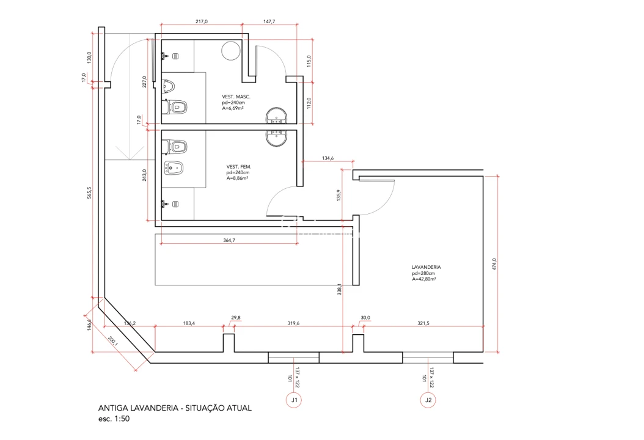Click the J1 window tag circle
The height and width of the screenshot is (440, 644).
(294, 400)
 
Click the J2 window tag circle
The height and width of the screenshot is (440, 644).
(428, 400)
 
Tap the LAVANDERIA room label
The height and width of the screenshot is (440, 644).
(426, 267)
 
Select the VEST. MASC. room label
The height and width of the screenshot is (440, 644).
(236, 97)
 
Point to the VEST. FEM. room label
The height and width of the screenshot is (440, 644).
(239, 167)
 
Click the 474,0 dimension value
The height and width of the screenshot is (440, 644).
(494, 264)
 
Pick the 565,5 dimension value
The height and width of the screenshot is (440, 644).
(89, 193)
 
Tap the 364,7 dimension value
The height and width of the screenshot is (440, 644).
(229, 240)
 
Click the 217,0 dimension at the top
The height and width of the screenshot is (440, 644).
(202, 21)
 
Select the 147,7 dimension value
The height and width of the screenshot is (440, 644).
(269, 21)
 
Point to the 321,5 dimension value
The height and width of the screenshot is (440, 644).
(423, 323)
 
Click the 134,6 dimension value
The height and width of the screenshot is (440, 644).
(327, 158)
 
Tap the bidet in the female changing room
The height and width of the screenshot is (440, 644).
(174, 167)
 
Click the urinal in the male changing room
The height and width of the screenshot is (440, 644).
(168, 86)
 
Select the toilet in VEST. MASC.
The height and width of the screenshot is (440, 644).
(175, 108)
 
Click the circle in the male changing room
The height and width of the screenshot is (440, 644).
(230, 51)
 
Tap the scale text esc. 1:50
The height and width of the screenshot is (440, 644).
(114, 419)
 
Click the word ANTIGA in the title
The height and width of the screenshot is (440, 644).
(113, 408)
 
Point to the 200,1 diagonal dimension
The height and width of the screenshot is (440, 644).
(113, 341)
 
